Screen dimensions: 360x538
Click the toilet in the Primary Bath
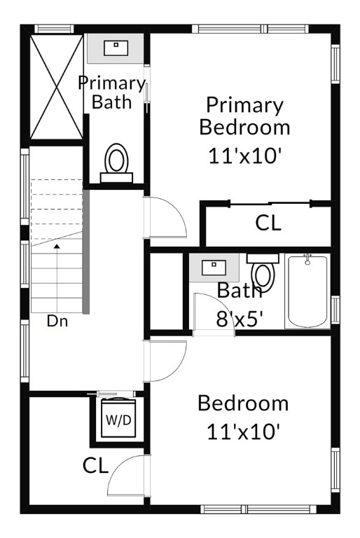coord(116,163)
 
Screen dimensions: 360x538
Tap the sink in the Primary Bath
coord(116,48)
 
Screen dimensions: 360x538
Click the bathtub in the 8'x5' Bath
coord(307,291)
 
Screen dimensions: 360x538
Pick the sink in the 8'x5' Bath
coord(214,268)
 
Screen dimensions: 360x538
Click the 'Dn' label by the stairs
coord(57,321)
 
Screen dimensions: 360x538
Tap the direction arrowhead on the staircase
coord(57,246)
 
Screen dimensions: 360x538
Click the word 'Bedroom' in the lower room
coord(243,403)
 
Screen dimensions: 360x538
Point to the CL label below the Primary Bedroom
coord(268,223)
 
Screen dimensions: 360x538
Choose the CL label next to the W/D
coord(95,466)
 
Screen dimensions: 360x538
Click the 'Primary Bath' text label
coord(112,92)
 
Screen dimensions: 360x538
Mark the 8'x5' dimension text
coord(240,319)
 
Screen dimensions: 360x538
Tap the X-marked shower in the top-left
coord(57,87)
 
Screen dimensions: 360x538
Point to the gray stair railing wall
coord(85,251)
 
